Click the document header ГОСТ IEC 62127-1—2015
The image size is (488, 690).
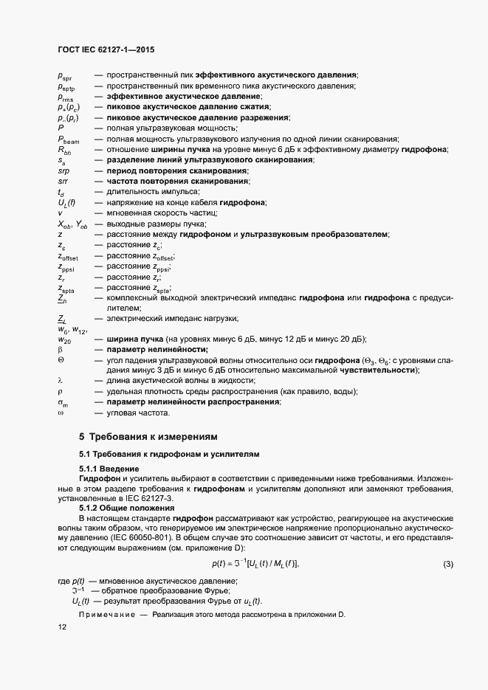[x=106, y=50]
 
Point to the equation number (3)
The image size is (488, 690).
[x=447, y=565]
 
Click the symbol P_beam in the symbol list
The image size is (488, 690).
[x=68, y=139]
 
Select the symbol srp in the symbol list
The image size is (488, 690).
[x=63, y=171]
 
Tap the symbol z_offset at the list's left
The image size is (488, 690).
[x=68, y=257]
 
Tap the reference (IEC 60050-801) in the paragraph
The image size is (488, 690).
[x=128, y=538]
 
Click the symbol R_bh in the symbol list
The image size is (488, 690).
[x=65, y=150]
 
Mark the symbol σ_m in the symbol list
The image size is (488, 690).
[x=63, y=402]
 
